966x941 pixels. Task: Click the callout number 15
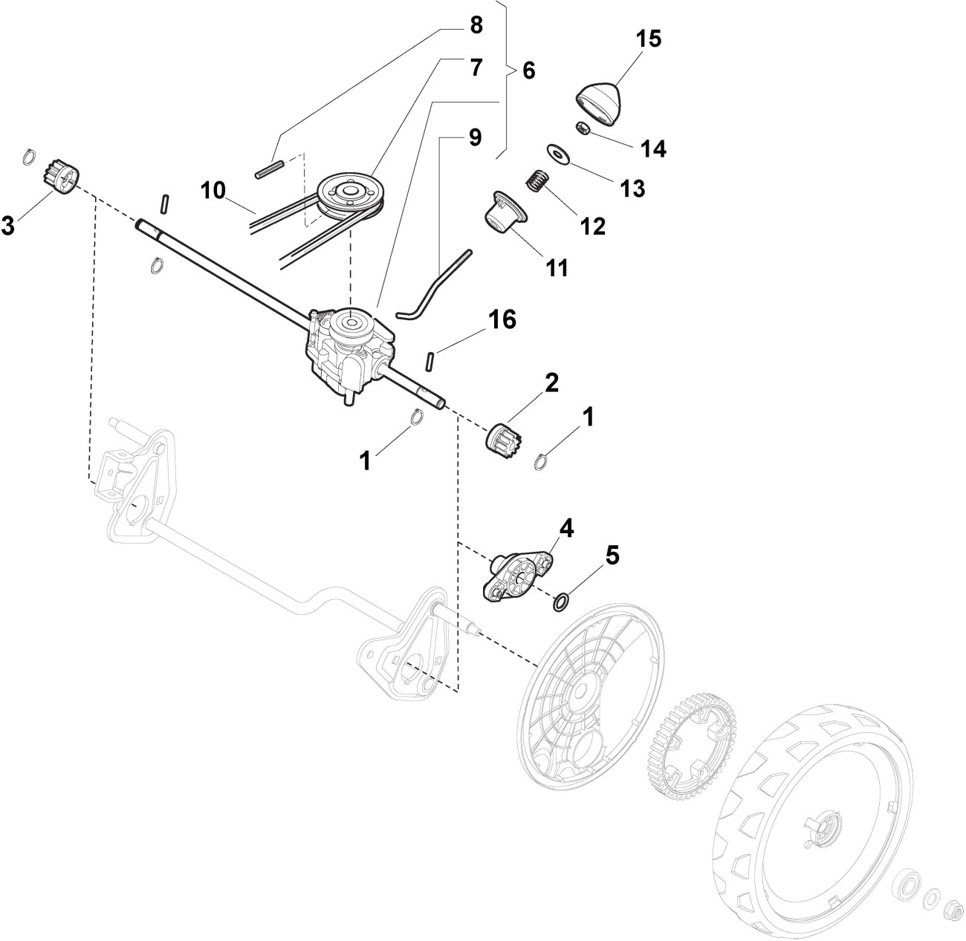[x=649, y=39]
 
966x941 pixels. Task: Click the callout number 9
[x=475, y=137]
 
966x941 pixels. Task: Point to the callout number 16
[x=502, y=320]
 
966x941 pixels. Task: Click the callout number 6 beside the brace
[x=528, y=71]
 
